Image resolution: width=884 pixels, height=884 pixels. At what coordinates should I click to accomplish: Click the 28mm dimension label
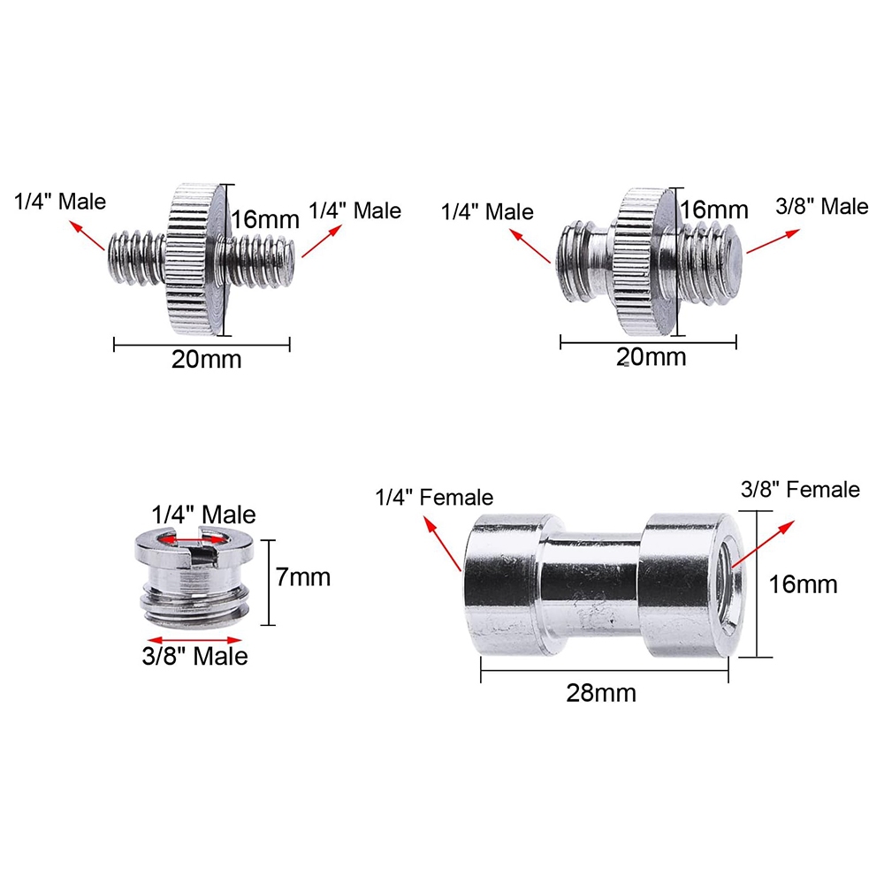[601, 693]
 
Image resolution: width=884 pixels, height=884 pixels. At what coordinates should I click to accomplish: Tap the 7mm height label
[302, 577]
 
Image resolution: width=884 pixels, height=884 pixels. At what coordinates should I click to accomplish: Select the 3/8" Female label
[800, 490]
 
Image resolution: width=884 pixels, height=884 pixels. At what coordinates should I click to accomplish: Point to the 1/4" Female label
[434, 497]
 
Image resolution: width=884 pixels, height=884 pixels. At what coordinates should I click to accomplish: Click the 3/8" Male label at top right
[821, 206]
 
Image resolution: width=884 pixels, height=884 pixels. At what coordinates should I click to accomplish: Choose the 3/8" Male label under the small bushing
[194, 656]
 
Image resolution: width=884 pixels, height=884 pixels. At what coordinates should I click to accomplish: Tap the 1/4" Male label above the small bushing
[203, 514]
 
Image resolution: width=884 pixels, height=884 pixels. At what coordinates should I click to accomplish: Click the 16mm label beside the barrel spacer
[803, 584]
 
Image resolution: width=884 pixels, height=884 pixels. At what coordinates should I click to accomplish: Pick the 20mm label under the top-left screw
[206, 360]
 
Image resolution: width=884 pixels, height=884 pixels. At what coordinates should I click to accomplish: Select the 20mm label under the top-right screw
[652, 357]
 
